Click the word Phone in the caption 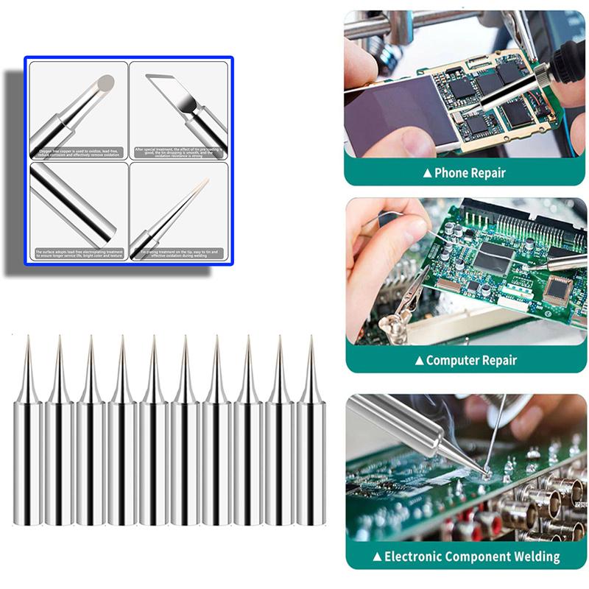point(451,174)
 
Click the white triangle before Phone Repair point(426,174)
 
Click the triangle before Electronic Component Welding point(377,557)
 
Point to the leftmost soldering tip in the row point(27,442)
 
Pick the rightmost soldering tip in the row point(311,442)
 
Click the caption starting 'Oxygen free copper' point(77,152)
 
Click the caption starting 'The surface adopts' point(77,253)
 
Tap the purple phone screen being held point(398,110)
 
